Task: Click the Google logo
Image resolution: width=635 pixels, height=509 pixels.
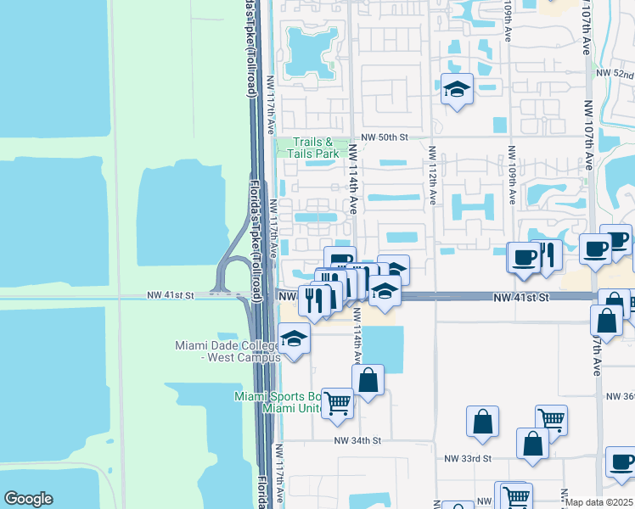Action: [x=28, y=499]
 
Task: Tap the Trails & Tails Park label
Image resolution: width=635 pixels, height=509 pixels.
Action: [x=316, y=148]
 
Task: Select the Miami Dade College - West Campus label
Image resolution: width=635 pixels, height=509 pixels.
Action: [x=228, y=351]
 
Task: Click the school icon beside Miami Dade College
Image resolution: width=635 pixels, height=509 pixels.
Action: [x=295, y=339]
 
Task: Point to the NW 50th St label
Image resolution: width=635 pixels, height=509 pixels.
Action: [x=385, y=137]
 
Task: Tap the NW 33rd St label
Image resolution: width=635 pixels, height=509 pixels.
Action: [x=469, y=458]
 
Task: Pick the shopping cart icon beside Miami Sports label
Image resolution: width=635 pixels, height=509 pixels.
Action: [x=337, y=402]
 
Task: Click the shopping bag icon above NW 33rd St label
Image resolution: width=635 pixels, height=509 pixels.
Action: [x=482, y=422]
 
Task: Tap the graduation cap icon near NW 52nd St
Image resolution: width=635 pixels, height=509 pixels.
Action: [x=457, y=89]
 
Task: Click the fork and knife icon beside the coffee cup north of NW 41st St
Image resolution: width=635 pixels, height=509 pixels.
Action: [x=548, y=255]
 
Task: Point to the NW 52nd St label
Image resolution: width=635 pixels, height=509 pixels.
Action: [x=615, y=76]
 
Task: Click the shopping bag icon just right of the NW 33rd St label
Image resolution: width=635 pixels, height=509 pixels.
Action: [x=532, y=444]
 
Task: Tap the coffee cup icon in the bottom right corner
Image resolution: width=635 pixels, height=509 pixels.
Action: [x=621, y=462]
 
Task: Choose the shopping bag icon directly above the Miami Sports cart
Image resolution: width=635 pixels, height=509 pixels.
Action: [x=368, y=380]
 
